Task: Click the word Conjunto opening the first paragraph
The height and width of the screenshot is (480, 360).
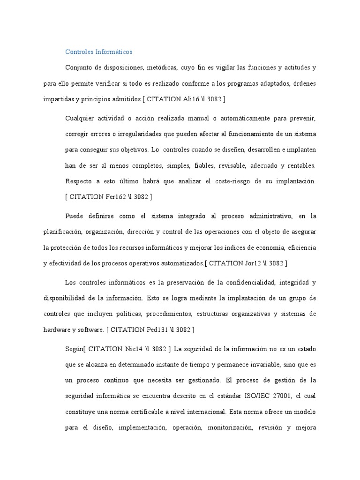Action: (78, 67)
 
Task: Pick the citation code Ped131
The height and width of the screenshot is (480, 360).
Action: (160, 330)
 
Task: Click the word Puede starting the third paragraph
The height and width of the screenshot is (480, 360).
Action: (75, 216)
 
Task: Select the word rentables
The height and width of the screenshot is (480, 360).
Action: (300, 165)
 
